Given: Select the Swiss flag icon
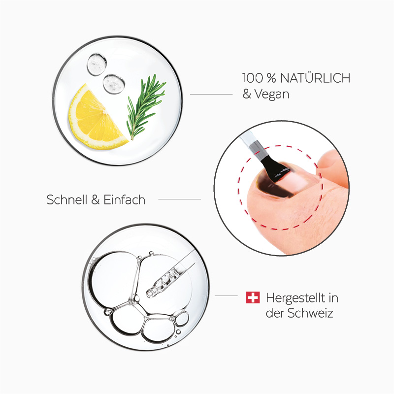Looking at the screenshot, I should (x=252, y=297).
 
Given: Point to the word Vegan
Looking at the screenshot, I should (x=272, y=94).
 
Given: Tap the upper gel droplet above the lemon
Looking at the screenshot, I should (x=97, y=62).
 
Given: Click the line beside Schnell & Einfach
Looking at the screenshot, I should (x=179, y=199).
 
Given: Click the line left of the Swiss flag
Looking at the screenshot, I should (x=227, y=296).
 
